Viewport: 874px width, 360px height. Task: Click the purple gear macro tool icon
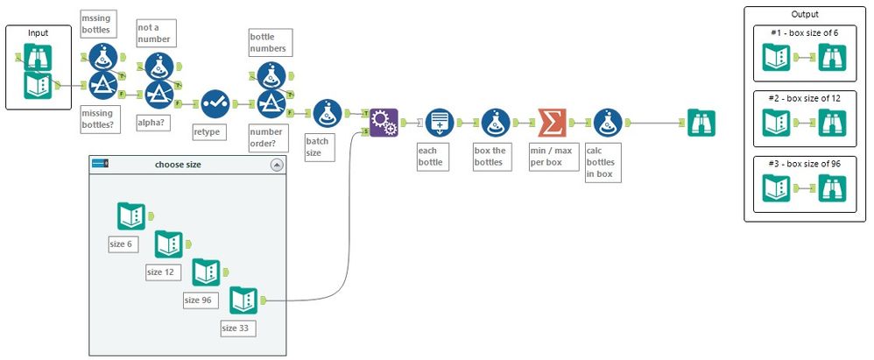click(x=383, y=123)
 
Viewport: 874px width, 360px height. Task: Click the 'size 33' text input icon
click(x=243, y=301)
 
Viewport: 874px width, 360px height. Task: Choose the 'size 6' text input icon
click(x=131, y=216)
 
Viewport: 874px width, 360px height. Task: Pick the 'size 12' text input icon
click(x=168, y=245)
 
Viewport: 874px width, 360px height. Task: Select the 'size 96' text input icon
click(x=206, y=273)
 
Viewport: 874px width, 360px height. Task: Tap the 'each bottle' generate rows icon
click(x=441, y=123)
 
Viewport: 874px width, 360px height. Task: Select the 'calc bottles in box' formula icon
click(x=608, y=123)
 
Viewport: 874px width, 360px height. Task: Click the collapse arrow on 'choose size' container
click(x=277, y=164)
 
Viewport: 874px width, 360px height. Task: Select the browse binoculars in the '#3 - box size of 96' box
click(x=832, y=189)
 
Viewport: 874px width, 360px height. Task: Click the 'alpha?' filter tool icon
click(x=157, y=92)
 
